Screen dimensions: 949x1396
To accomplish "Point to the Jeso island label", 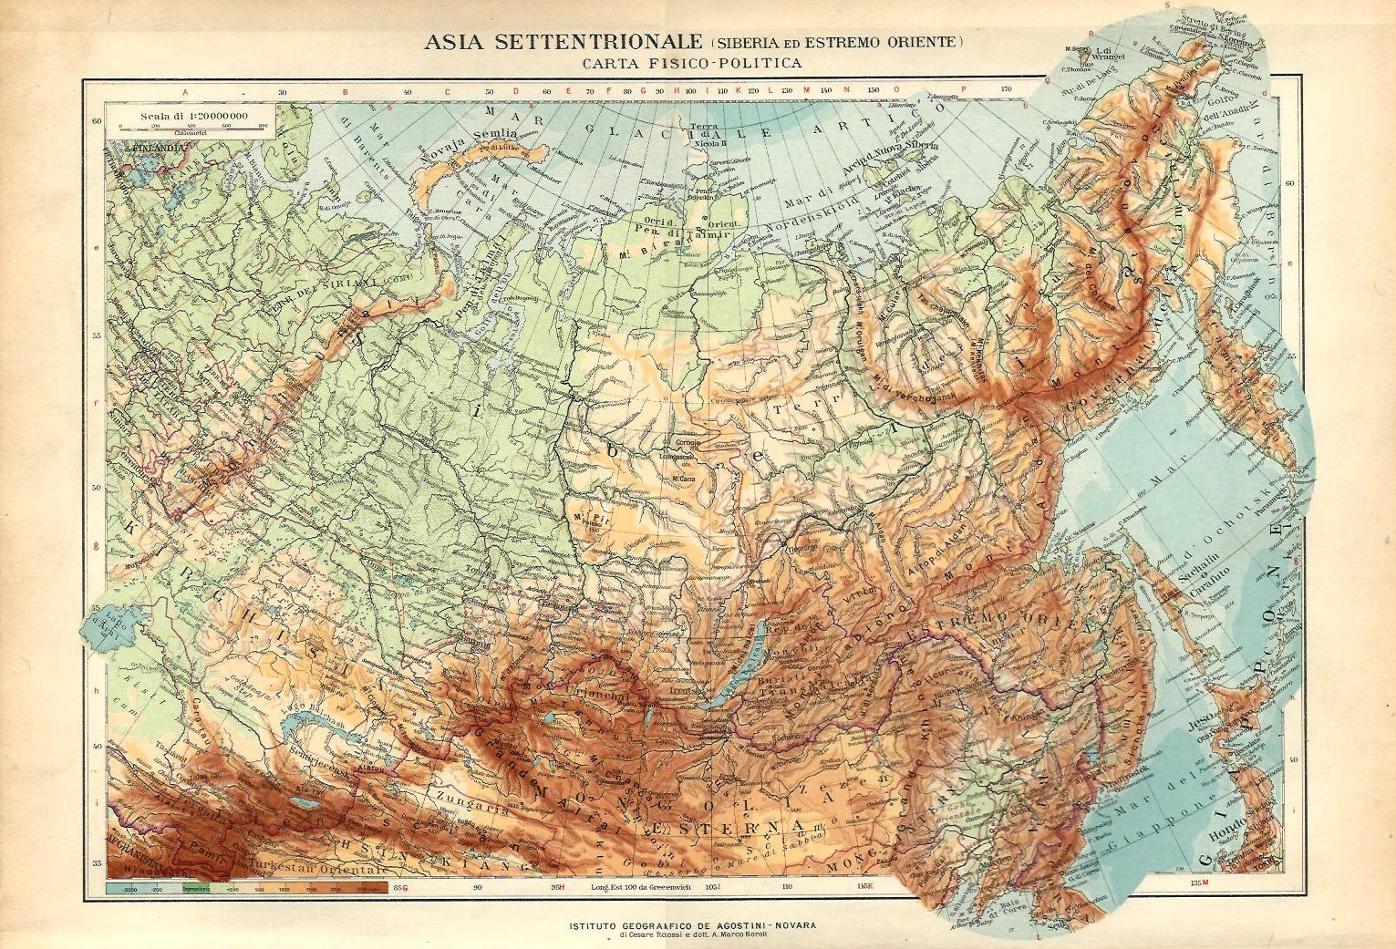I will pyautogui.click(x=1200, y=727).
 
